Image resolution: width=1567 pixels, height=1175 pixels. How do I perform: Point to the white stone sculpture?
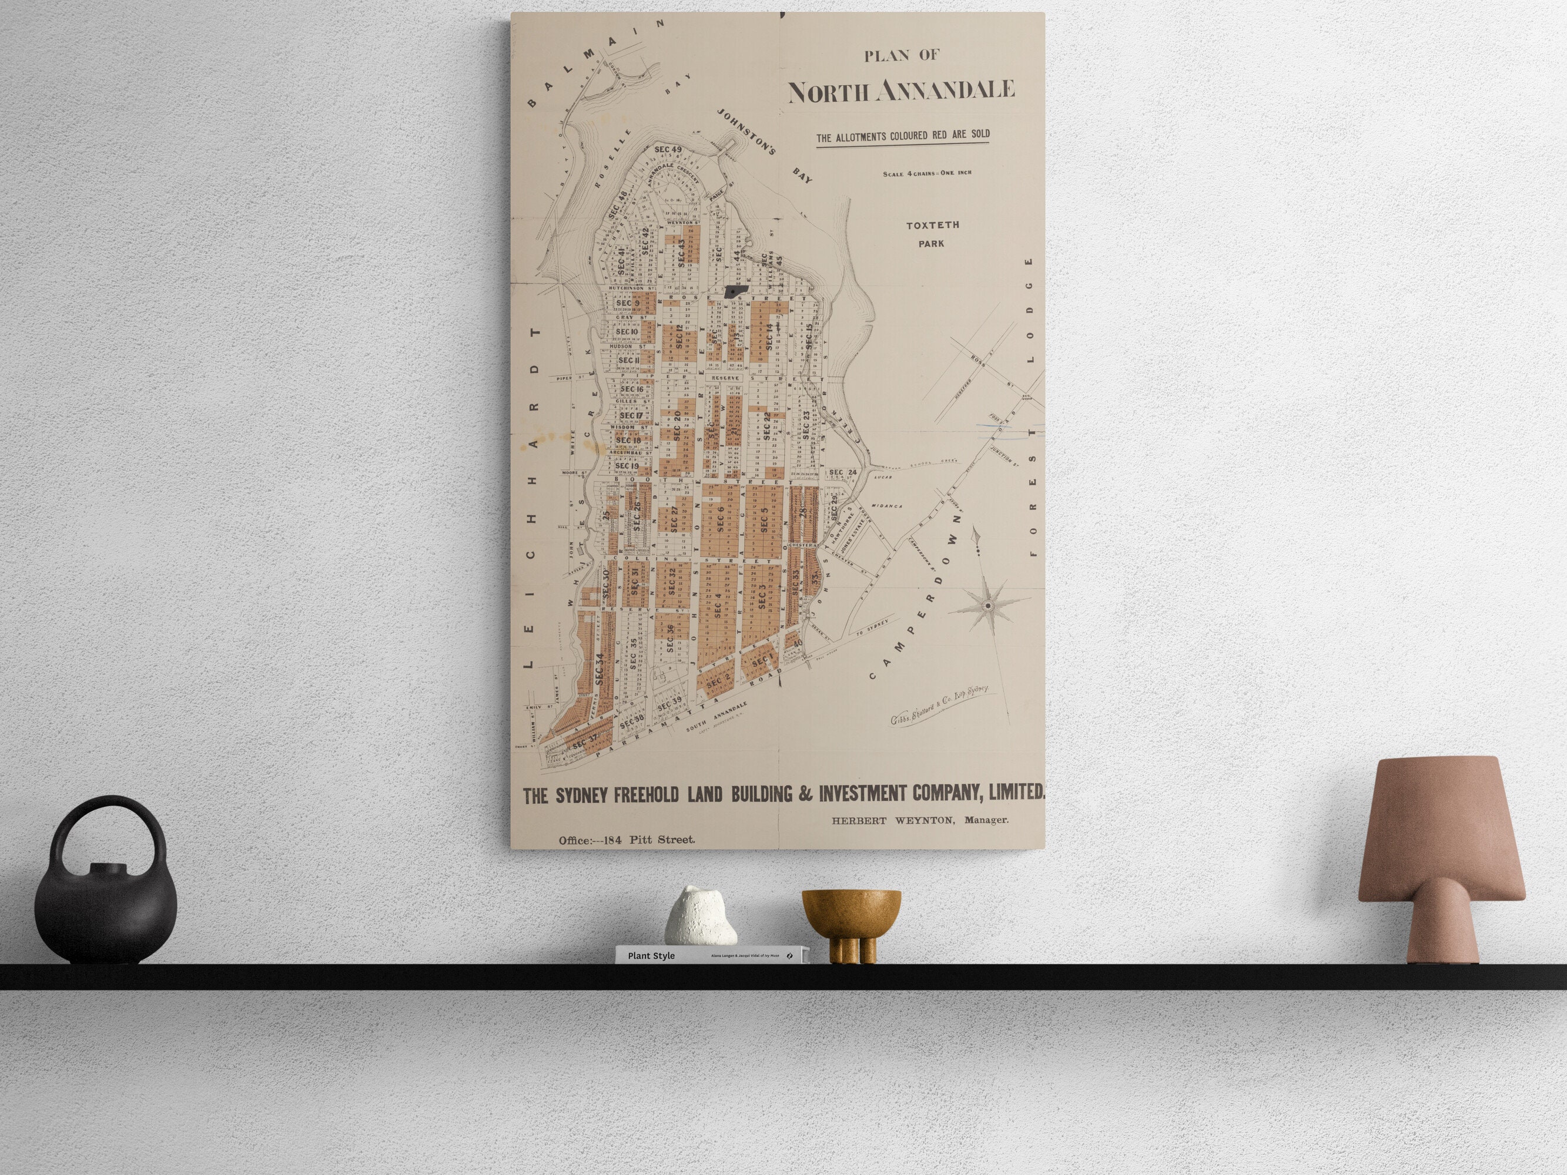pos(701,916)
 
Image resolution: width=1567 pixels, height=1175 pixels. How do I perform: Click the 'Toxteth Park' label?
pos(932,234)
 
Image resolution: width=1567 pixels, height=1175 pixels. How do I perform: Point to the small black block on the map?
pos(736,291)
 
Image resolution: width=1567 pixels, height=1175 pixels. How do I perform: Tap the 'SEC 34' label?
pos(600,668)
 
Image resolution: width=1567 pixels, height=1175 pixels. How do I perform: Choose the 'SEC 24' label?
pos(842,472)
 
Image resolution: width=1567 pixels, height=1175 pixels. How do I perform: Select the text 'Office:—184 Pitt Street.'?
pos(626,840)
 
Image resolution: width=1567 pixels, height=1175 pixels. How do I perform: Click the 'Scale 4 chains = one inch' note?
pos(926,173)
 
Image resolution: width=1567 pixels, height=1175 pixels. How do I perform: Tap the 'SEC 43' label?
pos(681,252)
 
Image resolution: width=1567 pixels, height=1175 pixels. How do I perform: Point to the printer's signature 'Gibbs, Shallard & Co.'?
pos(938,706)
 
